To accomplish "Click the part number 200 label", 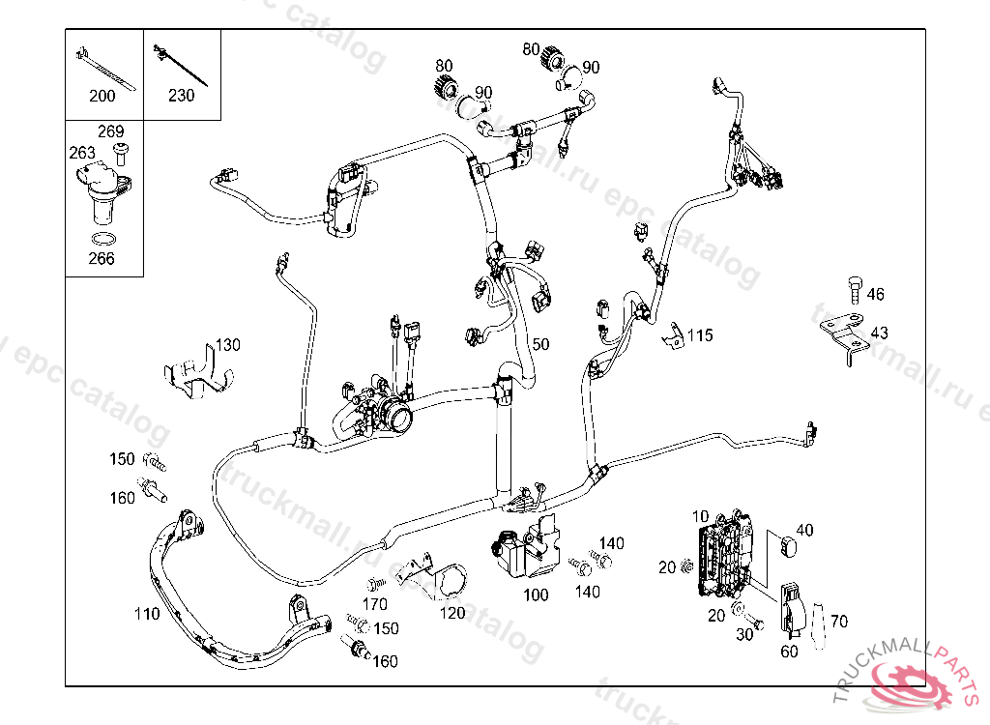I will (102, 96).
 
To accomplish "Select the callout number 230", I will (181, 96).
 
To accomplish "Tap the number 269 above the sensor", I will (110, 131).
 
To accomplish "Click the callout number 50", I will (539, 344).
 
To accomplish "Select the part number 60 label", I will (790, 652).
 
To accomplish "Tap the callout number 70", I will (838, 622).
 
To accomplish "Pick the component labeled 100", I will (523, 551).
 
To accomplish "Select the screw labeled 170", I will (376, 584).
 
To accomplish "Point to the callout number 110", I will (147, 614).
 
